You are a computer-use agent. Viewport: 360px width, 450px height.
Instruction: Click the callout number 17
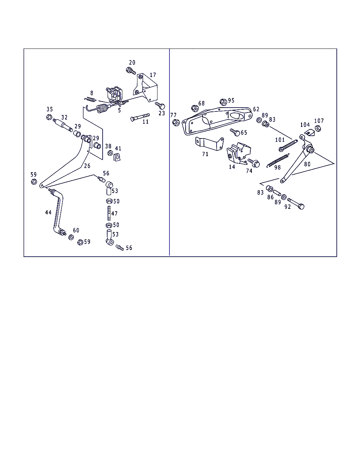click(x=153, y=75)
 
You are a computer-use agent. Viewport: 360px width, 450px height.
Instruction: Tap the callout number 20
click(x=132, y=63)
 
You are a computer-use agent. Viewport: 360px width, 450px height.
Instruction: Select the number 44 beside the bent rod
click(x=48, y=212)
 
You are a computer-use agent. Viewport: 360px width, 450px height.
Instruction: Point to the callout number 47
click(x=115, y=213)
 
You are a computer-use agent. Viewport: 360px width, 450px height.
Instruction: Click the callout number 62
click(x=256, y=109)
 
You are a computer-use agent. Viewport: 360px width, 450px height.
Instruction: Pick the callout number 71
click(x=205, y=154)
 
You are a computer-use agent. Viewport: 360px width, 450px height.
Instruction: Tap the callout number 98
click(x=277, y=168)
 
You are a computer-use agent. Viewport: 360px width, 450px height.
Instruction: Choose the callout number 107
click(x=319, y=121)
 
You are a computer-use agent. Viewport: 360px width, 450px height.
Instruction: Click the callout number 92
click(x=288, y=207)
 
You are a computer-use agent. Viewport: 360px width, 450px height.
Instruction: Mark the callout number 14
click(x=232, y=167)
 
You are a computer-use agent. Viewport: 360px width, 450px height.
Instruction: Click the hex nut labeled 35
click(x=49, y=117)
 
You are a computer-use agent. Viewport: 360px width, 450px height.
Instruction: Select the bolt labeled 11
click(x=140, y=117)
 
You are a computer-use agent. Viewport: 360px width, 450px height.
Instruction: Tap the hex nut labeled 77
click(x=176, y=123)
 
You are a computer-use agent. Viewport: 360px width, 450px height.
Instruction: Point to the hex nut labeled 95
click(x=223, y=102)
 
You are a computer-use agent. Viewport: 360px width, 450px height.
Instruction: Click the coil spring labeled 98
click(x=278, y=160)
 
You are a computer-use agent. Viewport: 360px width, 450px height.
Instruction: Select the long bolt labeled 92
click(x=295, y=204)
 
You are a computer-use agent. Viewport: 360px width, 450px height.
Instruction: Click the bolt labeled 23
click(x=161, y=105)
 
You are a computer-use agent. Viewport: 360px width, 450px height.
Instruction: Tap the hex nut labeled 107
click(x=318, y=128)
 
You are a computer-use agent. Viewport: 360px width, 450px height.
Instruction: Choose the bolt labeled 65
click(x=235, y=133)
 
